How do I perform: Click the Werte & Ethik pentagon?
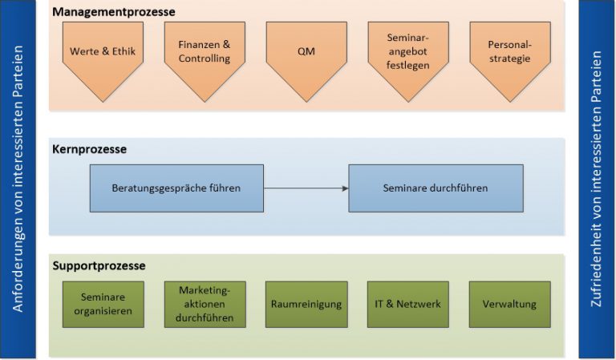tap(102, 55)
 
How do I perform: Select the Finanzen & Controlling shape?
tap(204, 52)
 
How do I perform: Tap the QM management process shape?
tap(306, 52)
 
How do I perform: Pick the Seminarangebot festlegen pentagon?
tap(407, 52)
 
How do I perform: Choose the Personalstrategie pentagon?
tap(509, 52)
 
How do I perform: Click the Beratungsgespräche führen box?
tap(176, 188)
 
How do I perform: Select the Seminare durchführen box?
tap(436, 188)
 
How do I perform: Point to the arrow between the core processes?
tap(306, 188)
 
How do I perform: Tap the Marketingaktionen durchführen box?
tap(204, 304)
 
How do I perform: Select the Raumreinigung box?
tap(306, 304)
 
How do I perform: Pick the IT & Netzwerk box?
tap(407, 304)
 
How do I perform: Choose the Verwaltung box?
tap(509, 304)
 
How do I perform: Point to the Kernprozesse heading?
tap(89, 149)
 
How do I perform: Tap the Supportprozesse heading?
tap(99, 265)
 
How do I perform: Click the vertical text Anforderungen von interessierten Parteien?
tap(18, 180)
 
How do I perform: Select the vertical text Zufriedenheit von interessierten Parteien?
tap(596, 180)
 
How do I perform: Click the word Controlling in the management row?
tap(204, 59)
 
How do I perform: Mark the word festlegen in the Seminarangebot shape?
tap(407, 65)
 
